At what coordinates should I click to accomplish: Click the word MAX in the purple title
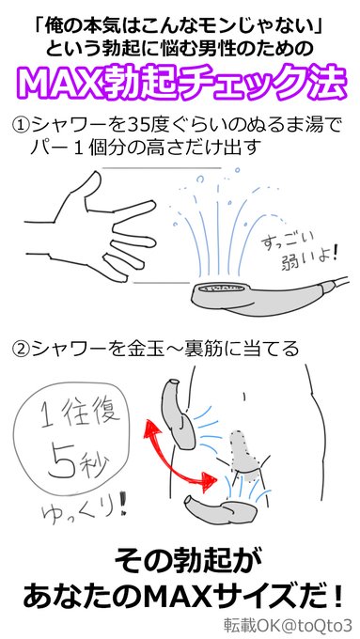click(67, 83)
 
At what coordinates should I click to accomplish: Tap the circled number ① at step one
click(21, 125)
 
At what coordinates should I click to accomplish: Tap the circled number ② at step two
click(21, 350)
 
